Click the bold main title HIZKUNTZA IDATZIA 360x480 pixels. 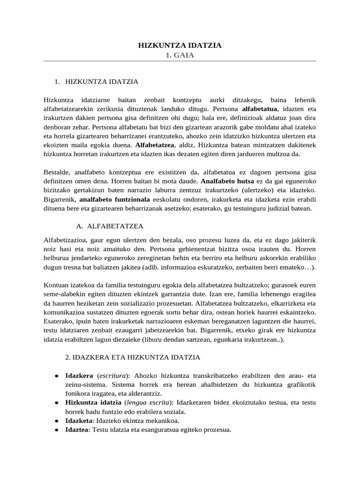180,45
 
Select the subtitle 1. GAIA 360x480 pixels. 180,55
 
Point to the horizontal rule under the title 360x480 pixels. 180,61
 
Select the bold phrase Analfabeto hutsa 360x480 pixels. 227,180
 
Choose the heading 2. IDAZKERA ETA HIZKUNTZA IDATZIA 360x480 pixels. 132,357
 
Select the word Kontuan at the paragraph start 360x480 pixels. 56,285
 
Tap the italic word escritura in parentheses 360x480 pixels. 113,376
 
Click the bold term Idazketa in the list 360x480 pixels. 78,421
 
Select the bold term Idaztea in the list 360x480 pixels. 77,430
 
